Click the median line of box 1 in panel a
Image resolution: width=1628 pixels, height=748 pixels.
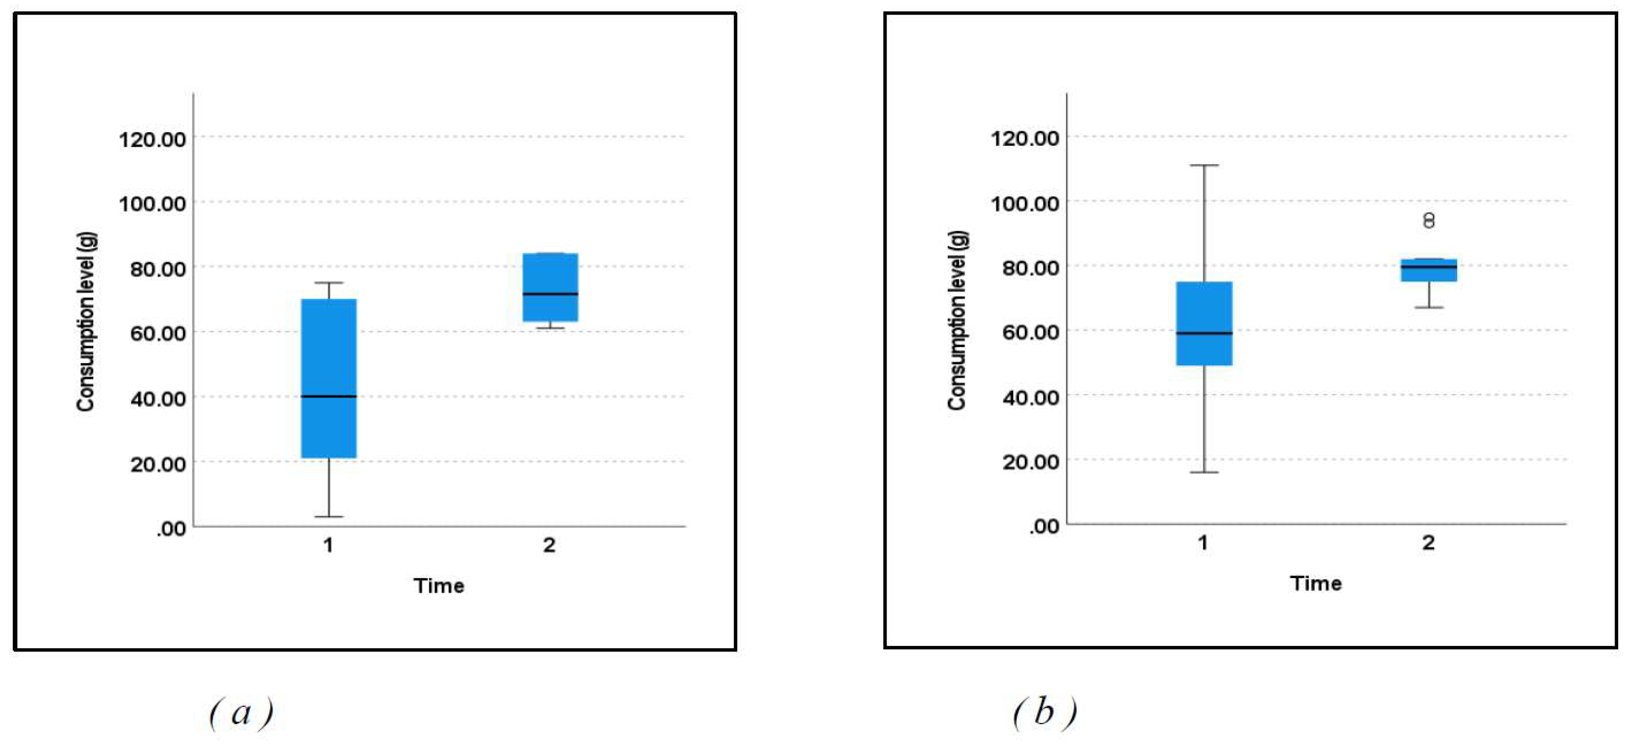tap(329, 396)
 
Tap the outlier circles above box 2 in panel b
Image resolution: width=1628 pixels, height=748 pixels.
tap(1429, 220)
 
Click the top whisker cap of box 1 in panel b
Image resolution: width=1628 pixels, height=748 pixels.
tap(1204, 165)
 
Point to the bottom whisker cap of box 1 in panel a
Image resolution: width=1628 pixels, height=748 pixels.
tap(329, 516)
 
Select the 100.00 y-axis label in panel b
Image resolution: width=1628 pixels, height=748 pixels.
tap(1024, 203)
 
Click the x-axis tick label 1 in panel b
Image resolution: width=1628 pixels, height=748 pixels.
tap(1203, 542)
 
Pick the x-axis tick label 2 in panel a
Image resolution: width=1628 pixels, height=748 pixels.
tap(549, 545)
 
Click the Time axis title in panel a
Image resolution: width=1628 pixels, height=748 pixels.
tap(439, 586)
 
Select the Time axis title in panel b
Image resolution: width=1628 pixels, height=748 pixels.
tap(1315, 583)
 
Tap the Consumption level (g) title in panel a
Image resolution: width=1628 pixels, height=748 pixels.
tap(86, 322)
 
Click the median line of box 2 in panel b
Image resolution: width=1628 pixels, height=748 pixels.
tap(1429, 267)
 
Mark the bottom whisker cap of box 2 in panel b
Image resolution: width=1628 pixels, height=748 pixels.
tap(1429, 307)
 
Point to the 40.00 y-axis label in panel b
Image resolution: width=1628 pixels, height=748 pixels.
tap(1030, 397)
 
